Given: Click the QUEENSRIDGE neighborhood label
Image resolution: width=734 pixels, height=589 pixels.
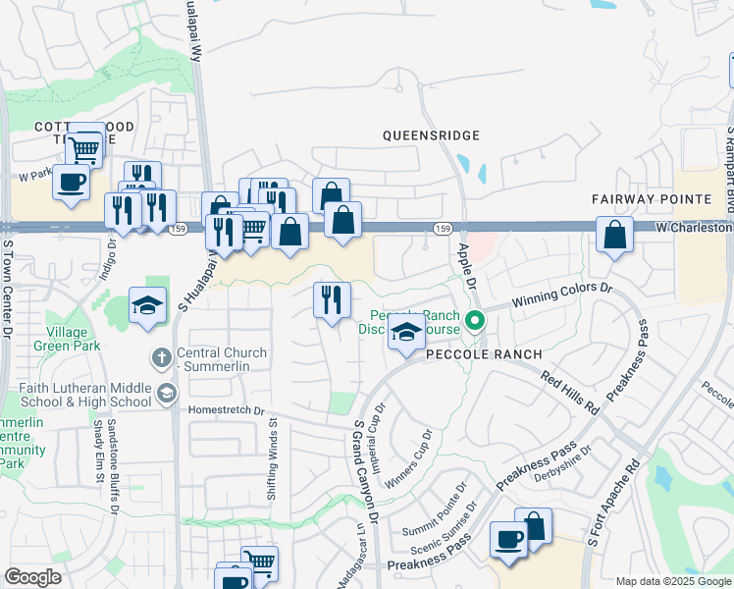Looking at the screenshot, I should pos(431,134).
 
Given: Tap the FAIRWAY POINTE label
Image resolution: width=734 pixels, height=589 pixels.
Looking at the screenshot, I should pos(652,198).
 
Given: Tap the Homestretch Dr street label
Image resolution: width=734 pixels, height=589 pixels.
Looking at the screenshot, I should pos(234,410).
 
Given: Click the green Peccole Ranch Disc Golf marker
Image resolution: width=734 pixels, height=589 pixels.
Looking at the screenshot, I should pos(476,320).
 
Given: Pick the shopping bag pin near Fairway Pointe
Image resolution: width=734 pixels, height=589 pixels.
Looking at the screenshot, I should pos(614,235).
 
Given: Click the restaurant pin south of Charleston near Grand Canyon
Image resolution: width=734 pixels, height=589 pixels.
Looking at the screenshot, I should pos(332,299).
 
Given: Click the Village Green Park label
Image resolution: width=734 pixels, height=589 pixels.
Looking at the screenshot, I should pos(66,339).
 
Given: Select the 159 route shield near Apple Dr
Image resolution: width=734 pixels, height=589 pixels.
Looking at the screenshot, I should pos(444,229).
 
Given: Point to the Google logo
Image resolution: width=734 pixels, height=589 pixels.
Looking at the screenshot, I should pos(32,577).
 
